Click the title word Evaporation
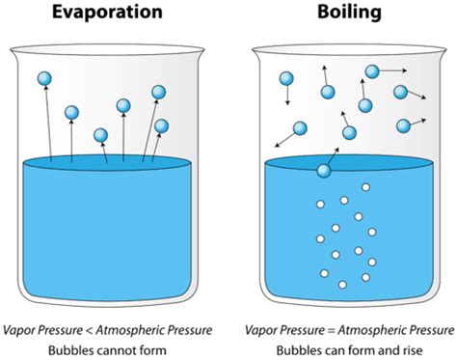(107, 12)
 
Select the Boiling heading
(349, 13)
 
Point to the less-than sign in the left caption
(89, 330)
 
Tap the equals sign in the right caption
(331, 330)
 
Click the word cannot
(115, 350)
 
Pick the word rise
(411, 350)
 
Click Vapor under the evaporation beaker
(17, 330)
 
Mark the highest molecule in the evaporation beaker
(44, 78)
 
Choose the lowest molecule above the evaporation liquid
(101, 135)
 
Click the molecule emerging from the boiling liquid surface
(324, 171)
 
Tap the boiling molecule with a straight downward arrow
(286, 78)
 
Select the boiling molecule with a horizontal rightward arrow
(372, 71)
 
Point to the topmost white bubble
(365, 187)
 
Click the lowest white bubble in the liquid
(342, 285)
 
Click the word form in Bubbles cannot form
(151, 350)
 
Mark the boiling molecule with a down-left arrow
(300, 128)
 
